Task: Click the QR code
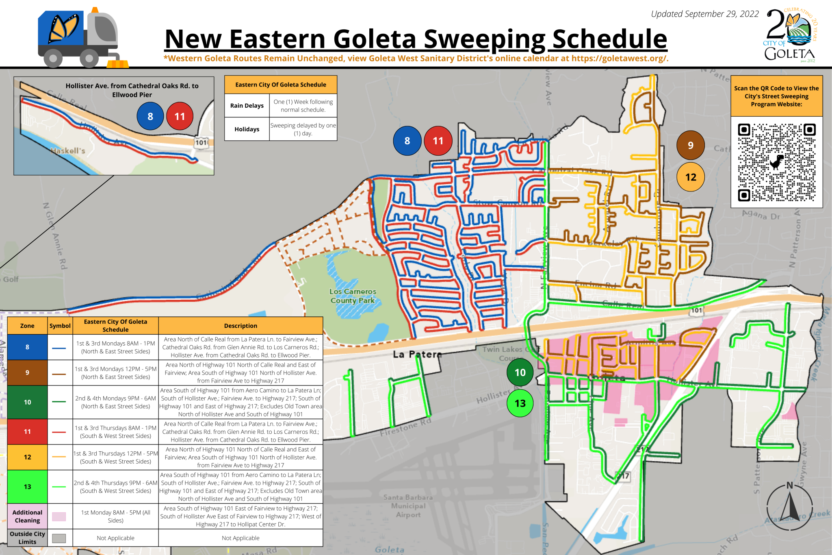click(x=776, y=162)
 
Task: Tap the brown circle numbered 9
click(x=690, y=145)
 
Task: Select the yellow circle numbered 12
click(x=690, y=177)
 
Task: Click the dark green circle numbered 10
click(x=520, y=372)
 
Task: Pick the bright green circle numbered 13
click(x=520, y=403)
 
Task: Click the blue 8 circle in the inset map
click(x=150, y=116)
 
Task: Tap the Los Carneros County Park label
click(x=352, y=296)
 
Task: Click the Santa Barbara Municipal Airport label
click(x=408, y=506)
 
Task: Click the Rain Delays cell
click(x=247, y=106)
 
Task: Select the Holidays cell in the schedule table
click(x=247, y=129)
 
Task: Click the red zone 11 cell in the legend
click(x=27, y=431)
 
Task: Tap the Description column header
click(x=240, y=326)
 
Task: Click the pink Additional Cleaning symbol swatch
click(x=59, y=516)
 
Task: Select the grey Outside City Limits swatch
click(x=59, y=538)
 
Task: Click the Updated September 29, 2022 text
click(x=704, y=14)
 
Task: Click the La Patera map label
click(x=417, y=354)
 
